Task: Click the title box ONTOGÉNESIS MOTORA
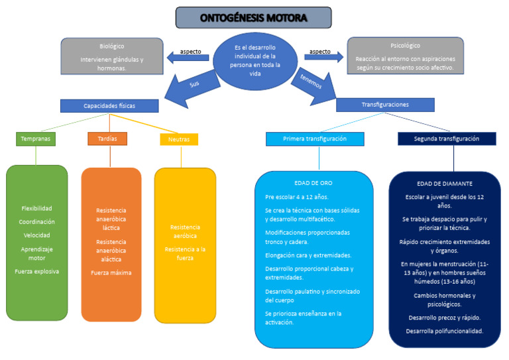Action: click(253, 18)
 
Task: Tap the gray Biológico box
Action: click(112, 56)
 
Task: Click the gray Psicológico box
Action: click(405, 56)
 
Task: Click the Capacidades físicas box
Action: click(109, 106)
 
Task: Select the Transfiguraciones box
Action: click(385, 105)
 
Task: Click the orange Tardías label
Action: click(107, 139)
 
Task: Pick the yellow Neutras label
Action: click(179, 139)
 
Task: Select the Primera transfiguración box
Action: click(315, 139)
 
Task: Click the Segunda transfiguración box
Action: click(446, 139)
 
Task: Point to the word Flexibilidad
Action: click(36, 208)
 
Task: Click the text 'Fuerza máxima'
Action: click(111, 272)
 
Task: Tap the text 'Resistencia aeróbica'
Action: click(185, 231)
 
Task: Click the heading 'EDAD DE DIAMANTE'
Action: click(445, 184)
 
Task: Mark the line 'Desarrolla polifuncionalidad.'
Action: click(445, 331)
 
